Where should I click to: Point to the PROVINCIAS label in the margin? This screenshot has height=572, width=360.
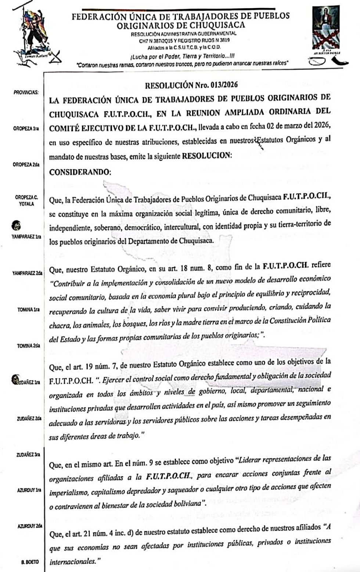26,92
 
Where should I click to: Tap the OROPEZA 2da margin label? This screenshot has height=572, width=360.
26,165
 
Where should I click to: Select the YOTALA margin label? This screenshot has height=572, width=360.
26,204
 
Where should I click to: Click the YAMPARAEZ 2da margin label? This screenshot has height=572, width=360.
27,273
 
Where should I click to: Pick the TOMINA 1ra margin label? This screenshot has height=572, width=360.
28,309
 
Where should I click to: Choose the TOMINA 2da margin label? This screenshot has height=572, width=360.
28,346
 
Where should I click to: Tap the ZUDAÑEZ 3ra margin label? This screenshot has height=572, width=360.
28,455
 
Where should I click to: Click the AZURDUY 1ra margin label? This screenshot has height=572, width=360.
28,490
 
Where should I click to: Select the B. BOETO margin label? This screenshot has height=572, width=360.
29,562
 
